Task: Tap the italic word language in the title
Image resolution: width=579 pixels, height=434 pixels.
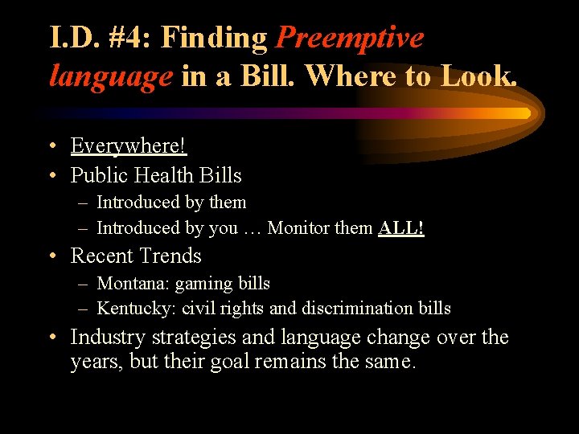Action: click(x=111, y=76)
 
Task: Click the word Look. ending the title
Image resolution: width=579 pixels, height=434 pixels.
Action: click(x=478, y=76)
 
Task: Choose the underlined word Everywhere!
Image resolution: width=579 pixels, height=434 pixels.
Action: click(x=129, y=145)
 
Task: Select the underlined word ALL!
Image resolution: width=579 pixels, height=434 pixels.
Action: click(x=400, y=228)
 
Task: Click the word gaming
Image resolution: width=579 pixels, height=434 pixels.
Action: click(x=201, y=285)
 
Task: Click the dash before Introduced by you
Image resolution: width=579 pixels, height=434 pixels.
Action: click(x=84, y=228)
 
